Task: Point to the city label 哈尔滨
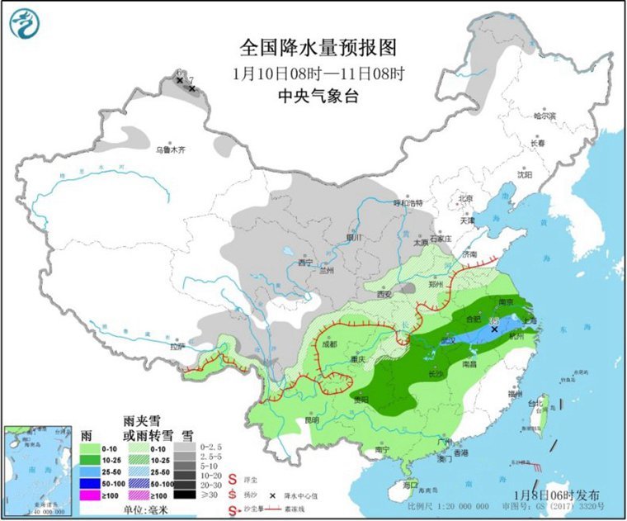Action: (x=544, y=116)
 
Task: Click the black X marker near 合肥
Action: (x=494, y=329)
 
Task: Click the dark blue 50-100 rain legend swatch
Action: (x=89, y=482)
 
